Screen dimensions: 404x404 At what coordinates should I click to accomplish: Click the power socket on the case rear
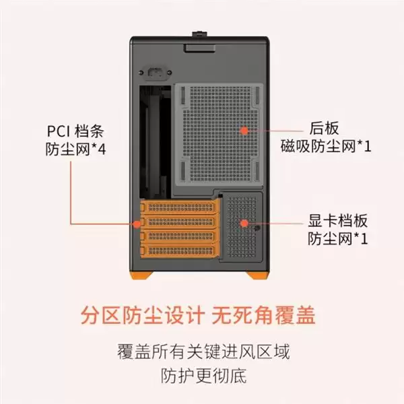[156, 73]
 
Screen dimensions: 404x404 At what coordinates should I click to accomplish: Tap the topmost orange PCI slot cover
[180, 207]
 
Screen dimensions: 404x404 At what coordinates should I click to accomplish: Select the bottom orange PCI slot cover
[180, 251]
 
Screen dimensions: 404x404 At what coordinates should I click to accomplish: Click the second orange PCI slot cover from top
[180, 222]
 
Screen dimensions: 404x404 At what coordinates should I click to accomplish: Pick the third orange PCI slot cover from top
[180, 236]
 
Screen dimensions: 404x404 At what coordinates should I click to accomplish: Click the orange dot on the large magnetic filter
[244, 131]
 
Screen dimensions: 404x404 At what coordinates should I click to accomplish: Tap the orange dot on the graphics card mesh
[244, 223]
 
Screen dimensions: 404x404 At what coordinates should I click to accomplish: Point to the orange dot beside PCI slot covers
[137, 224]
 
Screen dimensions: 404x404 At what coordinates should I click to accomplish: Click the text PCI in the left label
[59, 131]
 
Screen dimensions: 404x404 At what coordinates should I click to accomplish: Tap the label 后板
[324, 128]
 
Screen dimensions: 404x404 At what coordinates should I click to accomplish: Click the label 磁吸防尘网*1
[326, 146]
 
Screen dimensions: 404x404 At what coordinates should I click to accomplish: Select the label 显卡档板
[338, 221]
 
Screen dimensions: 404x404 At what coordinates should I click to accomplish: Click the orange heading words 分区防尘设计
[143, 315]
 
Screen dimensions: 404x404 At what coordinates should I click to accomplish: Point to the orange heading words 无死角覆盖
[263, 315]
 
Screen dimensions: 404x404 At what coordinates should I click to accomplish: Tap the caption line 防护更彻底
[203, 376]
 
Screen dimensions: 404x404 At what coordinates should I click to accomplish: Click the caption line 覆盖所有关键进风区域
[203, 351]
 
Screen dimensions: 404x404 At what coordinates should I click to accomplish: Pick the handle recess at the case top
[199, 48]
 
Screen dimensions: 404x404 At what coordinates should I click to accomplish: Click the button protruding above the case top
[199, 34]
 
